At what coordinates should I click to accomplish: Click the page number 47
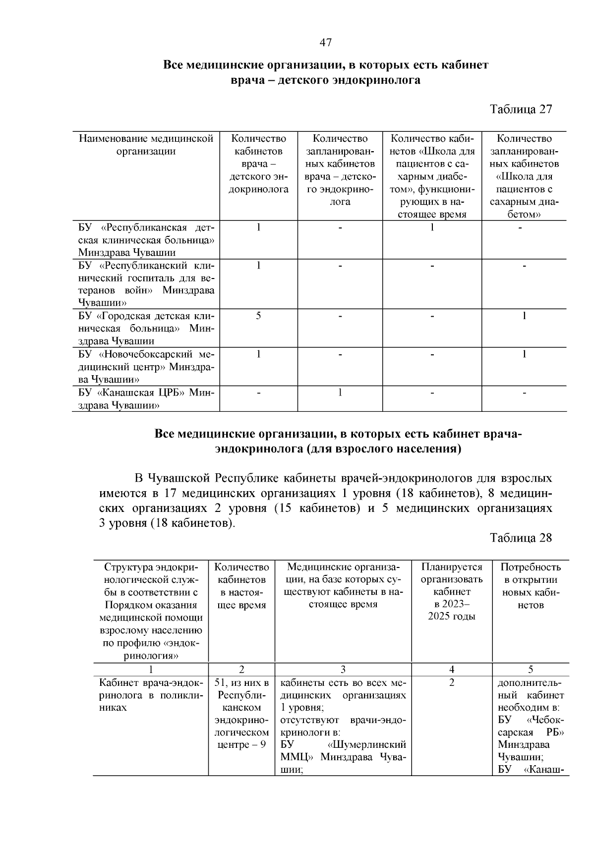tap(325, 43)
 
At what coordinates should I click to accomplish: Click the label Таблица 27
tap(521, 110)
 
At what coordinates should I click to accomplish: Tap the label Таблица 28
tap(521, 538)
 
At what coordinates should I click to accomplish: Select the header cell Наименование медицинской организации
tap(146, 145)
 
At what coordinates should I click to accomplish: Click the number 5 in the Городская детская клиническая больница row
tap(258, 316)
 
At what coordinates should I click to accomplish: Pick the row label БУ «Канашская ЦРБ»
tap(146, 399)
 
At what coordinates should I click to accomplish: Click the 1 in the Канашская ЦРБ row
tap(340, 393)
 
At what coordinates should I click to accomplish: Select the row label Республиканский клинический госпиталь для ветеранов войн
tap(146, 283)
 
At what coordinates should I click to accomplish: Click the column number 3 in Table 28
tap(343, 669)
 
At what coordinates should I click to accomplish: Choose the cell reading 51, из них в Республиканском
tap(241, 714)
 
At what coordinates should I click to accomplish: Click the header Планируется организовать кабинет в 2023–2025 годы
tap(452, 592)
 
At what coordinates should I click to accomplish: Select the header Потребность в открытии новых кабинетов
tap(531, 586)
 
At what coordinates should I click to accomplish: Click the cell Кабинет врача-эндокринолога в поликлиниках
tap(151, 695)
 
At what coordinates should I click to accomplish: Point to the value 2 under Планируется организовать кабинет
tap(452, 683)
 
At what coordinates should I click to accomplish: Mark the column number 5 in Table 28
tap(531, 669)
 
